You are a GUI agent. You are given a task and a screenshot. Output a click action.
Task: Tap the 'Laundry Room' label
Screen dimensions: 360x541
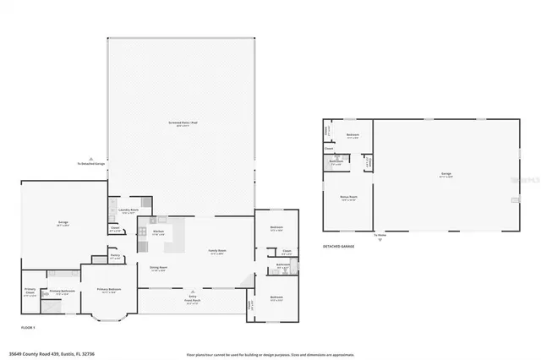[x=129, y=211]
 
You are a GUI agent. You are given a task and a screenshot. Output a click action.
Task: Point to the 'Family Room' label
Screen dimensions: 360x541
[x=216, y=251]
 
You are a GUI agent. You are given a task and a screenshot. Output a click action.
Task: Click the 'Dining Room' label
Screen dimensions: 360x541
[x=158, y=268]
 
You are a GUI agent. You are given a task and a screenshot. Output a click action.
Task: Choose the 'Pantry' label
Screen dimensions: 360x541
[x=115, y=258]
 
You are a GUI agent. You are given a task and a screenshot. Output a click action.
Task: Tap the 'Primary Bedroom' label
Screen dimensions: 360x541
[x=107, y=290]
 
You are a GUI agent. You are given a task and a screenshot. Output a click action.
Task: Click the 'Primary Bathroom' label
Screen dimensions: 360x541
[x=62, y=291]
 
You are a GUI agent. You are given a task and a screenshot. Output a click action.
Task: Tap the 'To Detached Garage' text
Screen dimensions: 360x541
[x=90, y=163]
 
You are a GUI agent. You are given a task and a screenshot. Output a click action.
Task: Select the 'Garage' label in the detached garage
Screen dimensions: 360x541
[x=445, y=174]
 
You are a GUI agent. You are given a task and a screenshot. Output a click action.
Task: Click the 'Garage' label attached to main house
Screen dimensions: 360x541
[x=63, y=223]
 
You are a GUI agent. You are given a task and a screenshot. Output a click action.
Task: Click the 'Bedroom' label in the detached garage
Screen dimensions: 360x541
[x=352, y=134]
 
